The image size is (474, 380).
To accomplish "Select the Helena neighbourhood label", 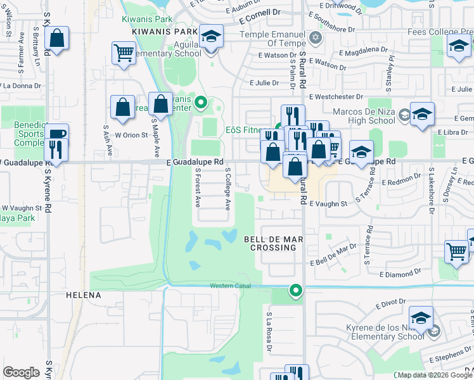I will [84, 295].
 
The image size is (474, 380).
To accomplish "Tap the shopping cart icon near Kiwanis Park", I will [124, 53].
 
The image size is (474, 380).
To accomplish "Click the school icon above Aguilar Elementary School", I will [211, 36].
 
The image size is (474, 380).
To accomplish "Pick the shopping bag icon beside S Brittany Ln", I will [56, 38].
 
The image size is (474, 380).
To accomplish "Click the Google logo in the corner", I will [21, 372].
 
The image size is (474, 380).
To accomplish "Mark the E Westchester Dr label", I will [336, 97].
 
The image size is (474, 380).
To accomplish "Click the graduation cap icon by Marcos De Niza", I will [421, 115].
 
